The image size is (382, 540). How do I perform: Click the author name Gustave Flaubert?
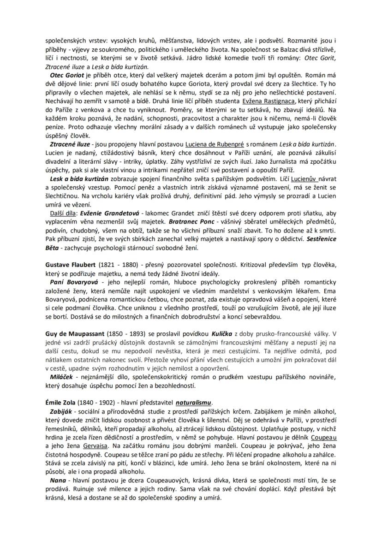[70, 265]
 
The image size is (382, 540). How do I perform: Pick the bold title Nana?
[59, 481]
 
